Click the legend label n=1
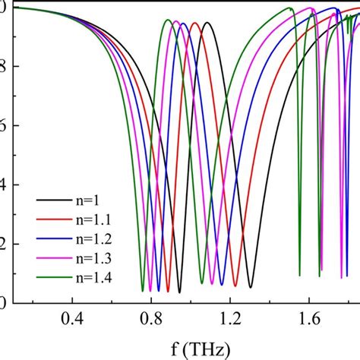[81, 200]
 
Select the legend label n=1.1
[85, 219]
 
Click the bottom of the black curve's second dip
[251, 287]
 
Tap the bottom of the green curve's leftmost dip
[142, 291]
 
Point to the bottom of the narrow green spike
[299, 275]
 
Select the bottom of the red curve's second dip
[235, 286]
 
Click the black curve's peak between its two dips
[206, 23]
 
